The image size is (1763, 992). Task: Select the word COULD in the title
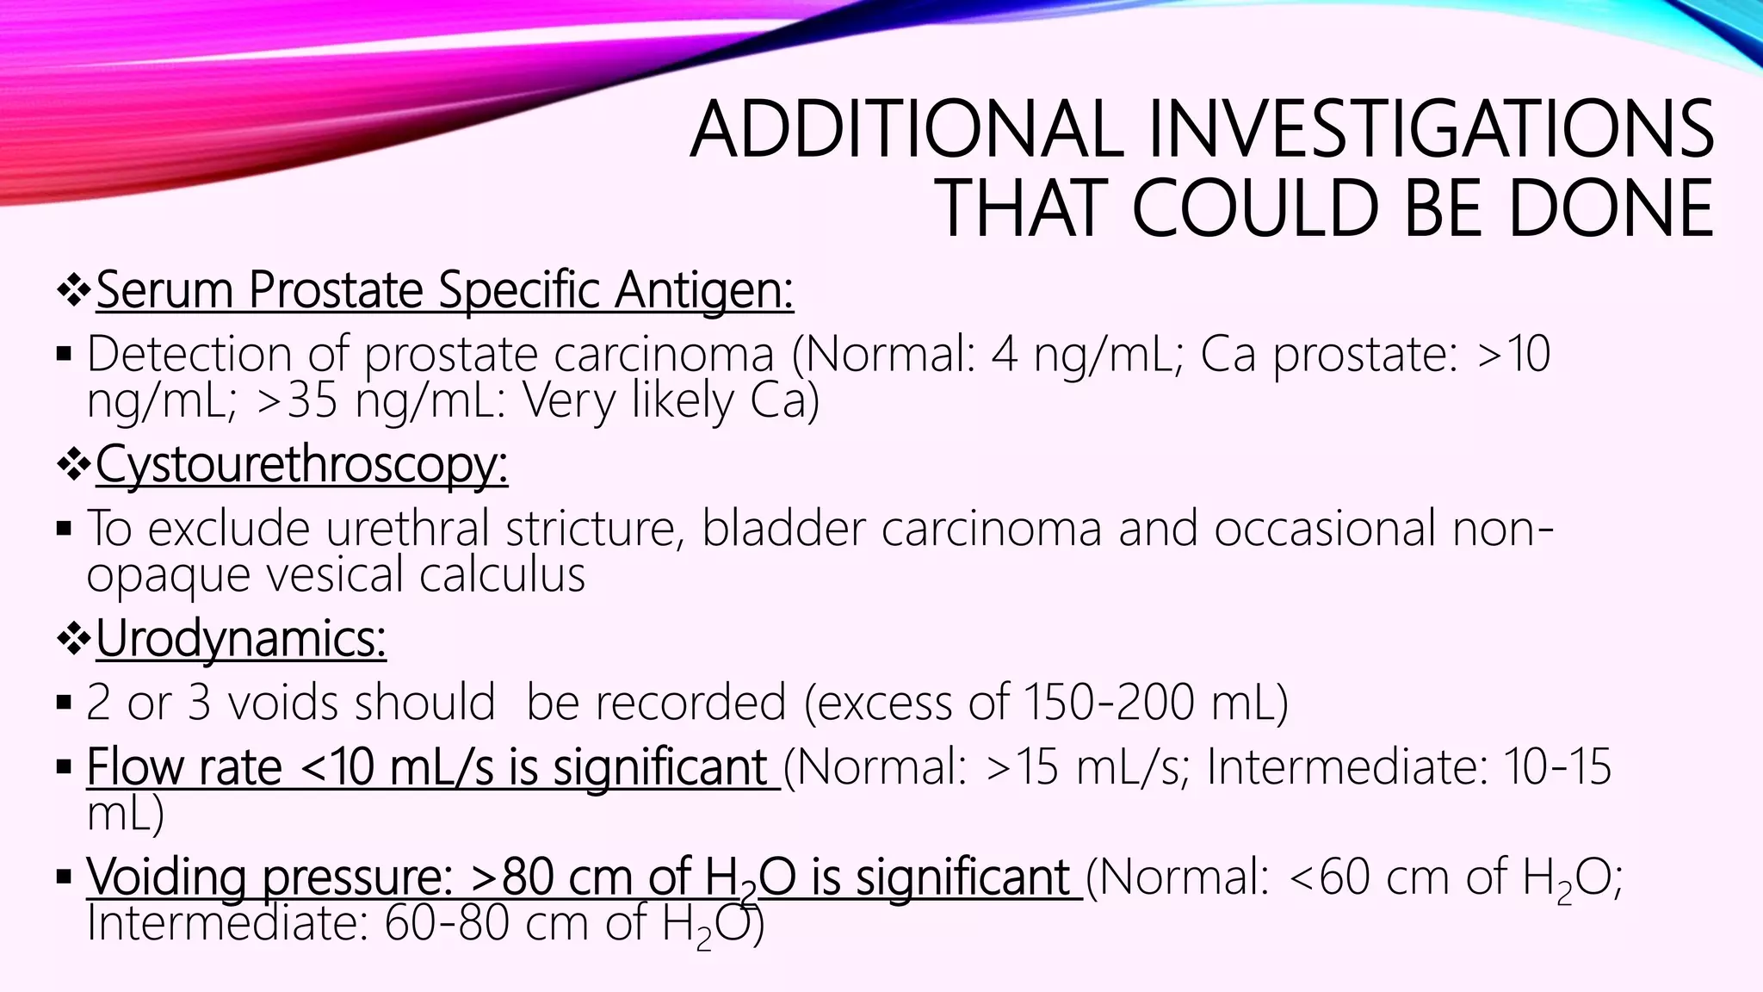pyautogui.click(x=1257, y=208)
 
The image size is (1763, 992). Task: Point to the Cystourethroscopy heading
pyautogui.click(x=301, y=465)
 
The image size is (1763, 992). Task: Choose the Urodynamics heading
pyautogui.click(x=241, y=640)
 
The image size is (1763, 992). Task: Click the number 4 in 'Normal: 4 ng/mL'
pyautogui.click(x=1004, y=354)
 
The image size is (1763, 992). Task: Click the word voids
pyautogui.click(x=275, y=703)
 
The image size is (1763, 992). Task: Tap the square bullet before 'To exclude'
pyautogui.click(x=63, y=528)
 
